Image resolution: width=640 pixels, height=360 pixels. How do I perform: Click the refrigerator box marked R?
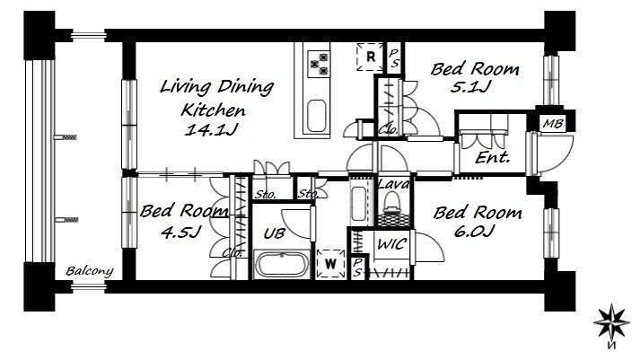pos(370,57)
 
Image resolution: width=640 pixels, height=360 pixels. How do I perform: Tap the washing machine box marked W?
pos(330,264)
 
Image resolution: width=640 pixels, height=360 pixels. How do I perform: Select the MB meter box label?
pos(553,124)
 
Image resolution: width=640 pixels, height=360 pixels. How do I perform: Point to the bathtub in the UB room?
pos(281,264)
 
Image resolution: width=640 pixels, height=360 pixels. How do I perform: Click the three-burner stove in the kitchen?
pos(319,64)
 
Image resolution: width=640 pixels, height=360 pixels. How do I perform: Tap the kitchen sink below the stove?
pos(316,116)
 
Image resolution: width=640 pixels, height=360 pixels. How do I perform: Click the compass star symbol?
pos(611,322)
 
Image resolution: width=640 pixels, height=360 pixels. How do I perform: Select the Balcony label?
pos(90,271)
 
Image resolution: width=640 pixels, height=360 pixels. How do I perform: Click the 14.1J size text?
pos(211,130)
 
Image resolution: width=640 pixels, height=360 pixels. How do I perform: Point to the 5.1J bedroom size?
pos(469,87)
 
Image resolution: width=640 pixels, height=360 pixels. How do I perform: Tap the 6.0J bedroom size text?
pos(474,231)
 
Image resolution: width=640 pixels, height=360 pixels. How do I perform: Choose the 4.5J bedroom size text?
pos(180,233)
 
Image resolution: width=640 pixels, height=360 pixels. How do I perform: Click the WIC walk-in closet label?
pos(392,244)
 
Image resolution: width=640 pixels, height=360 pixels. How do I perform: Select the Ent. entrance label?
pos(493,157)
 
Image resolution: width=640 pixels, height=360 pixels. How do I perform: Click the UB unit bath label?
pos(274,233)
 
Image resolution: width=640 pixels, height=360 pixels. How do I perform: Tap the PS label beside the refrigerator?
pos(394,58)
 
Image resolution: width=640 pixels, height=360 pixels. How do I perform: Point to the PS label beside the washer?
pos(357,268)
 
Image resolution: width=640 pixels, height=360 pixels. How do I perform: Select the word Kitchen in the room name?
pos(213,110)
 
